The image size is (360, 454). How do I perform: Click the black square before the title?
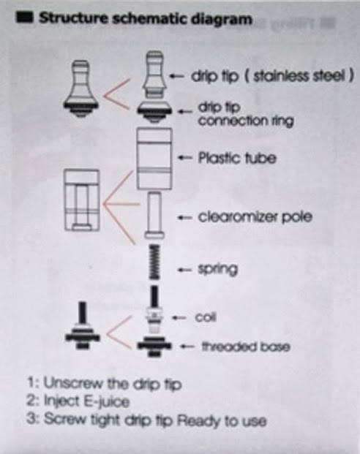pyautogui.click(x=25, y=18)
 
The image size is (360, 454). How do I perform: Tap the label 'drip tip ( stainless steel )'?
pyautogui.click(x=272, y=76)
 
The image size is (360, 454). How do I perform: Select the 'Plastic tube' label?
pyautogui.click(x=237, y=158)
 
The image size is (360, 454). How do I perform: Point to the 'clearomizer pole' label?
pyautogui.click(x=255, y=217)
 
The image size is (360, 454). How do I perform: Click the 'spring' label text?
pyautogui.click(x=217, y=270)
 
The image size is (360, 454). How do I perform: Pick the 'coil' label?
pyautogui.click(x=206, y=317)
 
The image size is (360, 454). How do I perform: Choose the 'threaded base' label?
pyautogui.click(x=246, y=347)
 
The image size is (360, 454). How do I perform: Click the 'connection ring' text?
pyautogui.click(x=246, y=121)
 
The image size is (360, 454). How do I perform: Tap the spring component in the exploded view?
pyautogui.click(x=154, y=262)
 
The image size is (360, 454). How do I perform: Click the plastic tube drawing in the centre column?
pyautogui.click(x=154, y=159)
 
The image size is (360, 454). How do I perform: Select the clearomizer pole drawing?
pyautogui.click(x=154, y=216)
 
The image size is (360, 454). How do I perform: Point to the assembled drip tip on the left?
pyautogui.click(x=81, y=88)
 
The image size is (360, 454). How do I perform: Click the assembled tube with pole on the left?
pyautogui.click(x=82, y=200)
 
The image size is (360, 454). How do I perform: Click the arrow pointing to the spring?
pyautogui.click(x=185, y=270)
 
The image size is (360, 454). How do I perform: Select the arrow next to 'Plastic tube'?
pyautogui.click(x=185, y=158)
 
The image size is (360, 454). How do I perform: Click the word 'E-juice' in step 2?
pyautogui.click(x=106, y=402)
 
